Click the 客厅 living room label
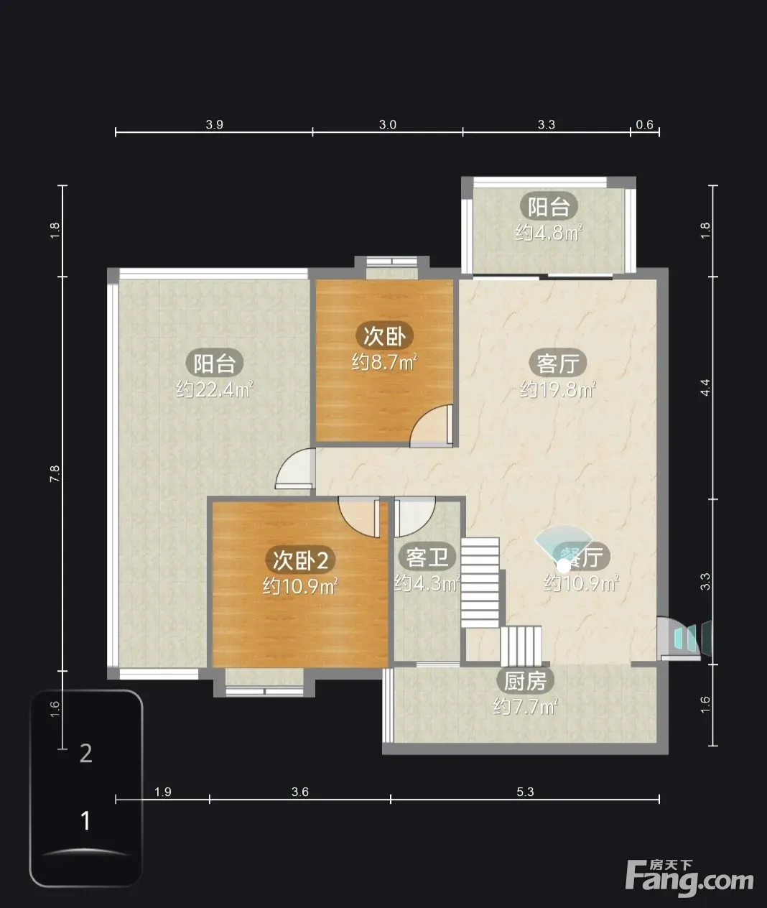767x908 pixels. pos(558,363)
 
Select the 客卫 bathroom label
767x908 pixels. pos(427,557)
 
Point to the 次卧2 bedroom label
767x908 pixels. pos(300,560)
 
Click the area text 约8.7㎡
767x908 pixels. pos(384,362)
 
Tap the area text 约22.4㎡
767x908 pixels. pos(214,389)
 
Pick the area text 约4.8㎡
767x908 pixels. pos(549,233)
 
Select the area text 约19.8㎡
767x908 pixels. pos(558,389)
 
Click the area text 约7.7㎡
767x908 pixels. pos(525,707)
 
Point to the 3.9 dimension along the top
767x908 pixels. pos(214,125)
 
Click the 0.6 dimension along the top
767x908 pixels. pos(644,125)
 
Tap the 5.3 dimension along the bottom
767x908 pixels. pos(525,792)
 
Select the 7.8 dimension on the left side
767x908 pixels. pos(55,473)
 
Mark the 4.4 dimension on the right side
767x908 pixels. pos(705,387)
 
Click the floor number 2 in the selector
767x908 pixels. pos(86,754)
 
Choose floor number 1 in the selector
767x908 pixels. pos(85,820)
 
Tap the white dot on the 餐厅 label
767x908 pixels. pos(564,566)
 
